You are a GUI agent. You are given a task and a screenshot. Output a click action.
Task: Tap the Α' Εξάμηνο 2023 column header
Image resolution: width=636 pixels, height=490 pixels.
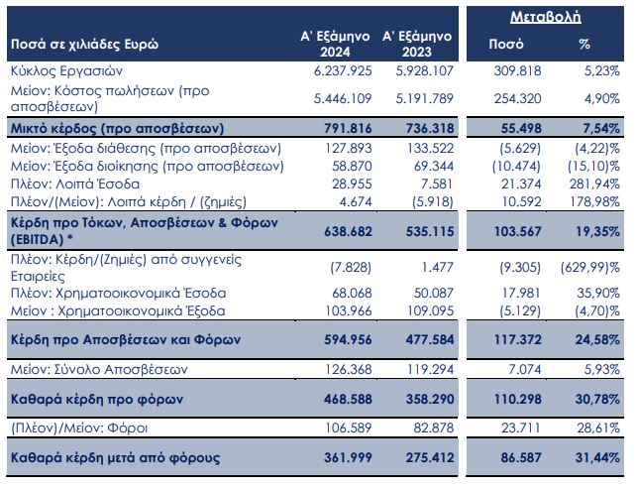point(417,44)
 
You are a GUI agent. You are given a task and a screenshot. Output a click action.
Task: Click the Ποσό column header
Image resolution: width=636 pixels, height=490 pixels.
point(507,45)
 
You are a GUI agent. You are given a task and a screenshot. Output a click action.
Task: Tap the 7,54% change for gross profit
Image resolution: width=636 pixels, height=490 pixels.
point(601,129)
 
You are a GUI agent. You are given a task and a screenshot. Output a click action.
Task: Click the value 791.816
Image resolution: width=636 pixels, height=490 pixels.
point(349,129)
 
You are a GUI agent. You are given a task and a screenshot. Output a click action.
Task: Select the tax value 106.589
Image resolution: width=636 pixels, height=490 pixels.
point(349,429)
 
